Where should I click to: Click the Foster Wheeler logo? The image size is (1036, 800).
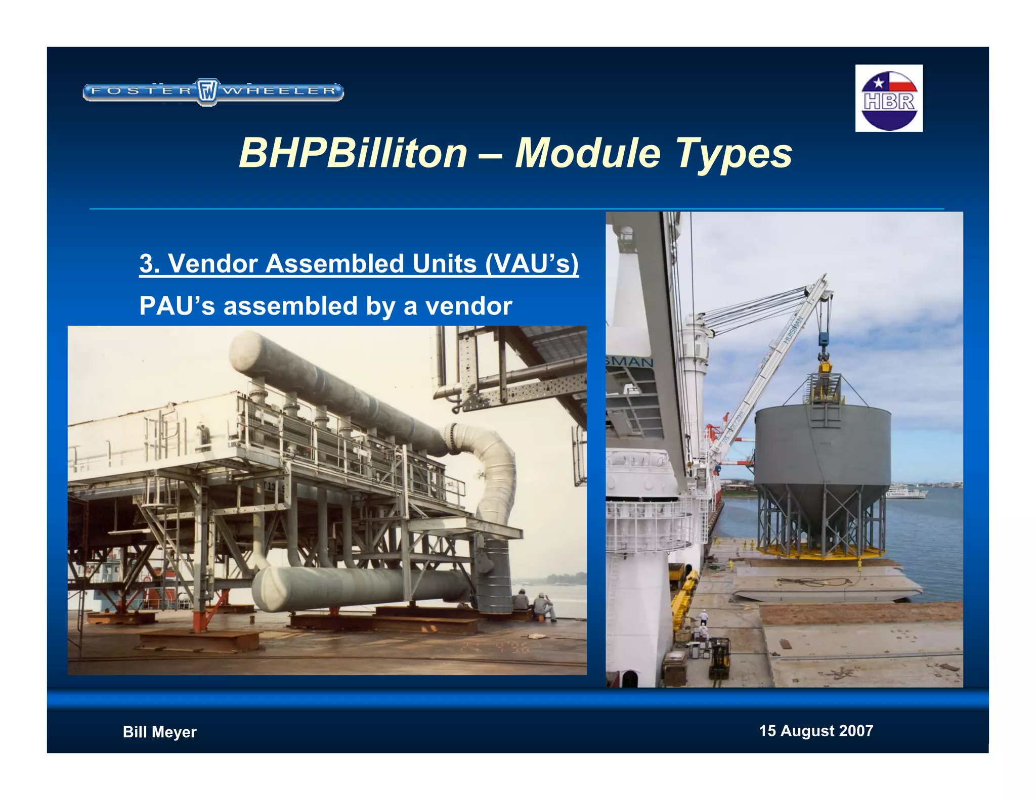pyautogui.click(x=213, y=92)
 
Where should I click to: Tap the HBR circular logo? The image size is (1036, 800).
pyautogui.click(x=889, y=99)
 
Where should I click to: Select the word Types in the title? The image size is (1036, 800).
pyautogui.click(x=734, y=154)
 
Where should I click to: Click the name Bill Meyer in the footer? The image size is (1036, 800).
pyautogui.click(x=159, y=732)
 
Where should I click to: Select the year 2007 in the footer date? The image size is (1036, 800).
pyautogui.click(x=856, y=731)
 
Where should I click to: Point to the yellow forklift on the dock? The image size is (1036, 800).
pyautogui.click(x=719, y=657)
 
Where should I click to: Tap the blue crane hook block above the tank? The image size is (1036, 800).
pyautogui.click(x=824, y=341)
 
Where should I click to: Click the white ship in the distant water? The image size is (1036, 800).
pyautogui.click(x=906, y=491)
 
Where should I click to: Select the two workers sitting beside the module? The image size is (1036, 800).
pyautogui.click(x=534, y=604)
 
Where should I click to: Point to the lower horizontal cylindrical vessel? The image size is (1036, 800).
pyautogui.click(x=354, y=587)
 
